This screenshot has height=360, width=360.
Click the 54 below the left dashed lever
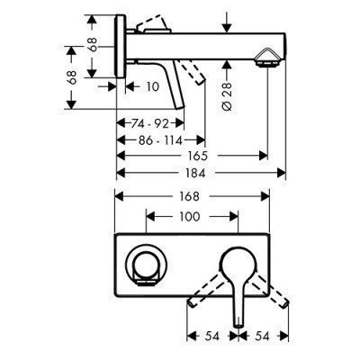tap(211, 337)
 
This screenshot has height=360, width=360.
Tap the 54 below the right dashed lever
tap(262, 337)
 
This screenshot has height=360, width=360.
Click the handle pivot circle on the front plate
tap(238, 263)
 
